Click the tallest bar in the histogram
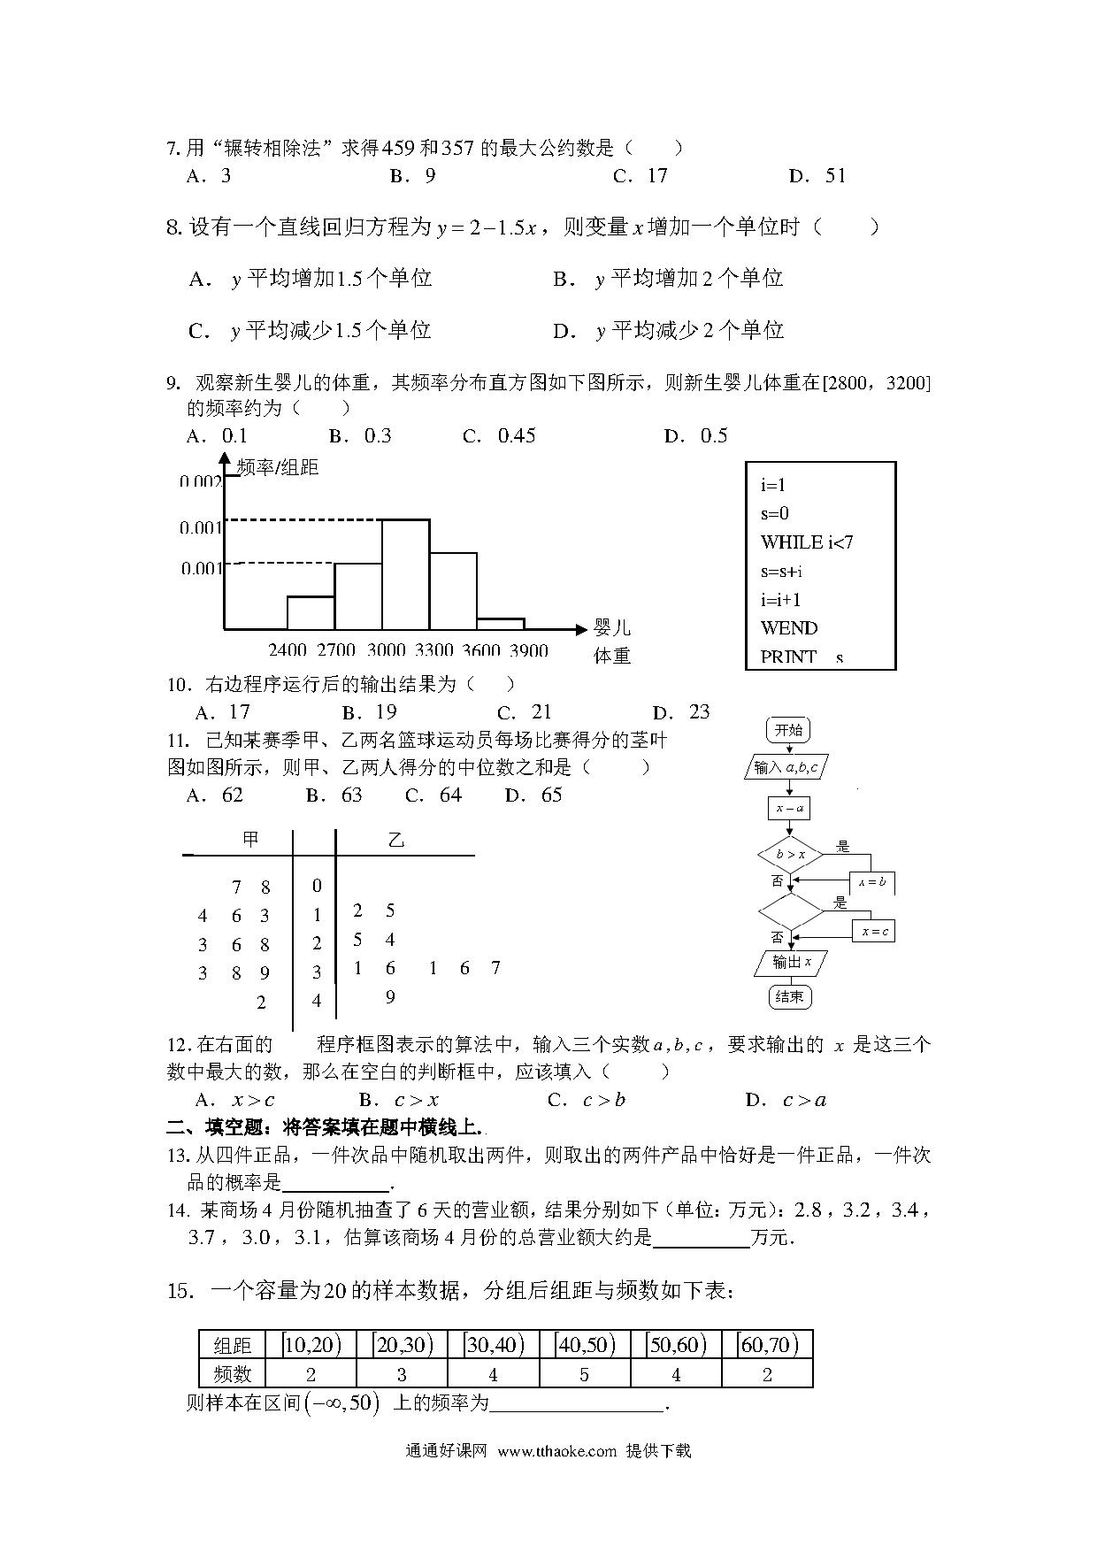pos(406,575)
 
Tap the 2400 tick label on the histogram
pos(288,650)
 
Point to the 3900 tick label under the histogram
pos(529,650)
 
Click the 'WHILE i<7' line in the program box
pos(807,542)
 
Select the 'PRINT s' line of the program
pos(802,657)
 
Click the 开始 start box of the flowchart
pos(788,730)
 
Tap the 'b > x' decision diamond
pos(791,855)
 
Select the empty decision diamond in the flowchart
pos(791,911)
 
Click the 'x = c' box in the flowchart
pos(875,932)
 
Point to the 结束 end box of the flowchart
pos(789,996)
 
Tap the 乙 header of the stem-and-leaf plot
pos(396,840)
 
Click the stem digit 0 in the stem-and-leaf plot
pos(318,886)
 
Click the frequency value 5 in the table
pos(585,1374)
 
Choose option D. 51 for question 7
pos(817,176)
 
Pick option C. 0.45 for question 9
pos(500,435)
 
